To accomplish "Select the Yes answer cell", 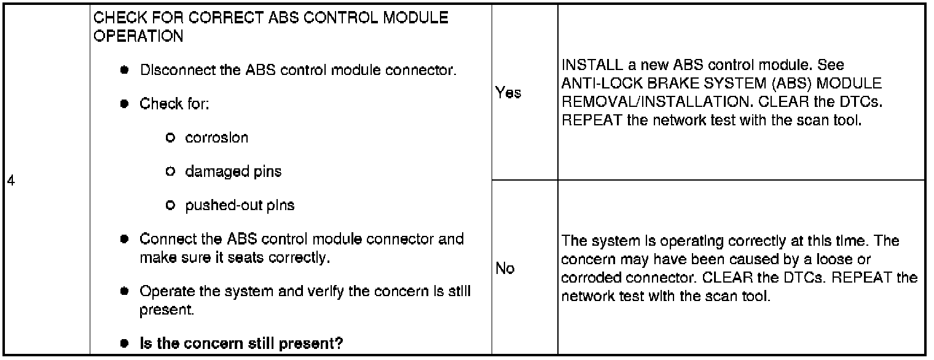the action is [508, 93].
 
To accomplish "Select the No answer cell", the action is [504, 268].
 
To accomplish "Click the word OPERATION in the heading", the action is [138, 36].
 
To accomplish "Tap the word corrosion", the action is [216, 138].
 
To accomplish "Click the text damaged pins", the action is [233, 171].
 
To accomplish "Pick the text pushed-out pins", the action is [240, 205].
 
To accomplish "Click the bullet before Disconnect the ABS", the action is [124, 70].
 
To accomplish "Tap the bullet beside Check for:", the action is [124, 104].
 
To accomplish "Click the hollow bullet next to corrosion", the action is [170, 138].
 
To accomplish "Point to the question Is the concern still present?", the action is [241, 343].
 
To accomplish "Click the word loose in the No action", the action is [830, 260].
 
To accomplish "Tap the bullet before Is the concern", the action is [124, 343].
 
